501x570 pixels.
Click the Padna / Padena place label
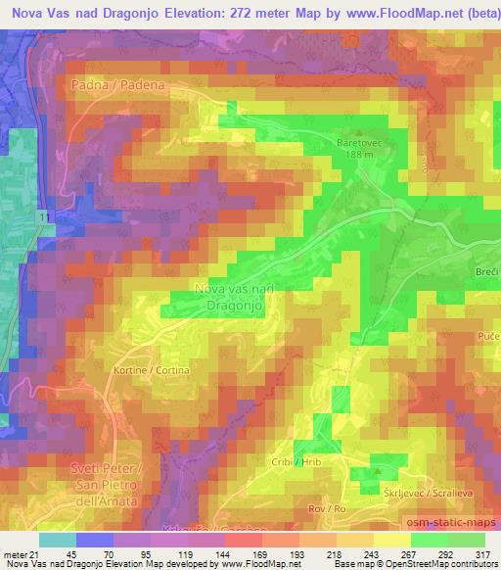pos(115,85)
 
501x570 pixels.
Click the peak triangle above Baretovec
pos(360,131)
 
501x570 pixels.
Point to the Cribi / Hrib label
pos(296,461)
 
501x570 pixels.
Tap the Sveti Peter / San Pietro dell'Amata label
pos(110,485)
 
